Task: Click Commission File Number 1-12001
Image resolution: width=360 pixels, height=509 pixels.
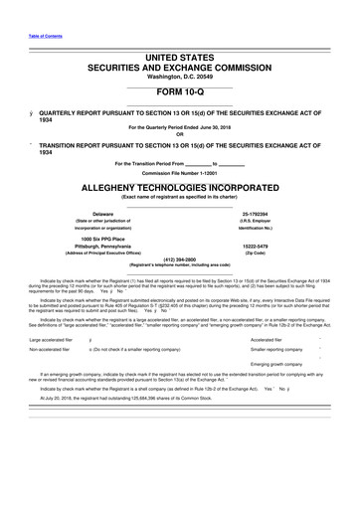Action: point(180,172)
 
